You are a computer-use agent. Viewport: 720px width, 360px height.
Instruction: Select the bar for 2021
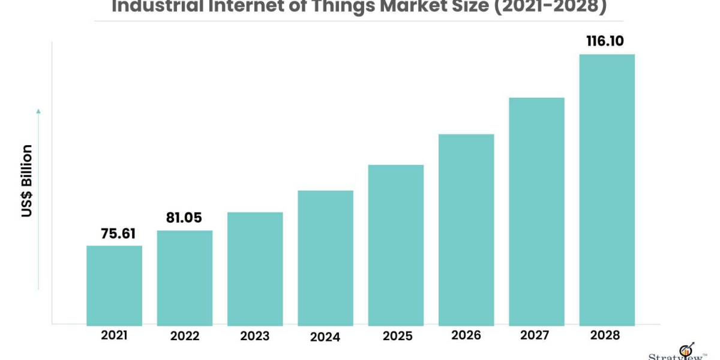[x=114, y=286]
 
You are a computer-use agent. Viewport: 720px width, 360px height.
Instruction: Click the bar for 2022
[x=185, y=278]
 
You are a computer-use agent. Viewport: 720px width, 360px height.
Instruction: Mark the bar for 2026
[x=466, y=230]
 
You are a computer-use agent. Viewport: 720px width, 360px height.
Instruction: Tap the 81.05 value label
[x=185, y=218]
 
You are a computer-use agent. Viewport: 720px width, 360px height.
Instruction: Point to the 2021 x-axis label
[x=114, y=335]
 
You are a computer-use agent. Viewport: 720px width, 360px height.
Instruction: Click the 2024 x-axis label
[x=325, y=337]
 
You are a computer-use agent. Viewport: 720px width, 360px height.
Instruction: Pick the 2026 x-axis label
[x=466, y=335]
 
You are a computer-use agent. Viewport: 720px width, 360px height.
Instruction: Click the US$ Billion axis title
[x=27, y=181]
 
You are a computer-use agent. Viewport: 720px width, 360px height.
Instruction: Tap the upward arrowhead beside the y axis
[x=38, y=111]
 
